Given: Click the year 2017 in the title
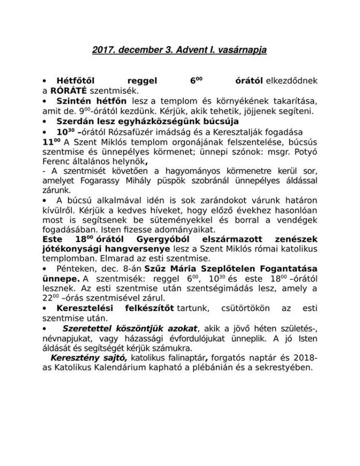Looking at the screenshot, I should pos(103,50).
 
